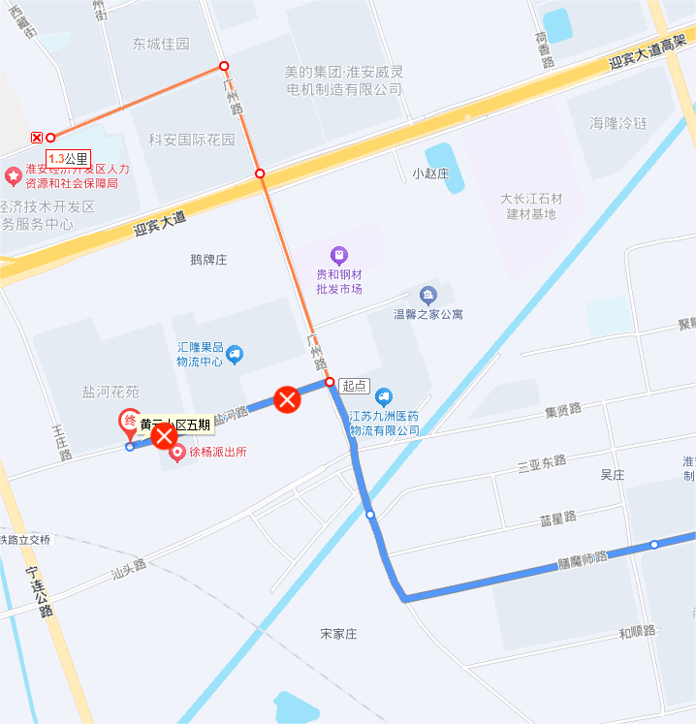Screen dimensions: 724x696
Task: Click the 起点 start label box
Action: [355, 385]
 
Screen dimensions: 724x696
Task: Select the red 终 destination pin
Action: [128, 422]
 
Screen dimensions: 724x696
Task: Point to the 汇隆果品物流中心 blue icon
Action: [234, 356]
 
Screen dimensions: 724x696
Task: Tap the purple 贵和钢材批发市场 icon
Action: [339, 256]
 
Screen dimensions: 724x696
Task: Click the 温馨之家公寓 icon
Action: [428, 295]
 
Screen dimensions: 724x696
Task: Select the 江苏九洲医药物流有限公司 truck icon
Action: [384, 395]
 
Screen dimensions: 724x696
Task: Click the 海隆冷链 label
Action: [618, 123]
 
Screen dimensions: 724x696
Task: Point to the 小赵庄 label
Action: [430, 173]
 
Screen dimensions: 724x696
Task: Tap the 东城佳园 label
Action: [161, 44]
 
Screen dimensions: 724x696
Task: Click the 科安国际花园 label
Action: [192, 140]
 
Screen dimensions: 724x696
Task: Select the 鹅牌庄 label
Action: [208, 260]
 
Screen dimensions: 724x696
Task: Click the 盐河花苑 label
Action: [111, 392]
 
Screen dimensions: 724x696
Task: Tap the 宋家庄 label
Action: [339, 634]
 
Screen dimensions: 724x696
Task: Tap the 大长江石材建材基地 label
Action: [531, 205]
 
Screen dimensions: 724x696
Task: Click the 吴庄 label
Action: [612, 475]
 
